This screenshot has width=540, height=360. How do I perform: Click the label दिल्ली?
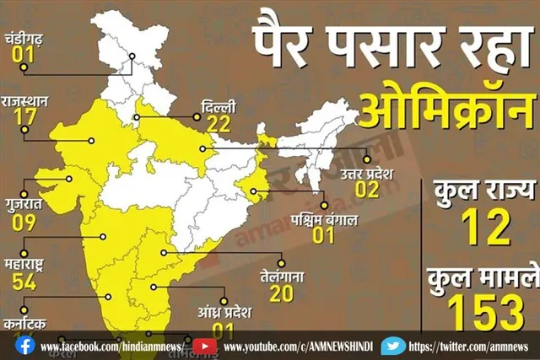tap(219, 107)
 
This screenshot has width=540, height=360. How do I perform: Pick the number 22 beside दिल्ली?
tap(219, 125)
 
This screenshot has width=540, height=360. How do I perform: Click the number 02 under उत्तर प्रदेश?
tap(366, 190)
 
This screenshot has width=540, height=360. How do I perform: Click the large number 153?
tap(485, 313)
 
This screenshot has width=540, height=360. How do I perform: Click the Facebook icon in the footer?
tap(25, 346)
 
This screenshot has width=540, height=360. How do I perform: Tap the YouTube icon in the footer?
tap(203, 346)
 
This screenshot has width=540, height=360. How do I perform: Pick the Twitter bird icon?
tap(392, 346)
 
